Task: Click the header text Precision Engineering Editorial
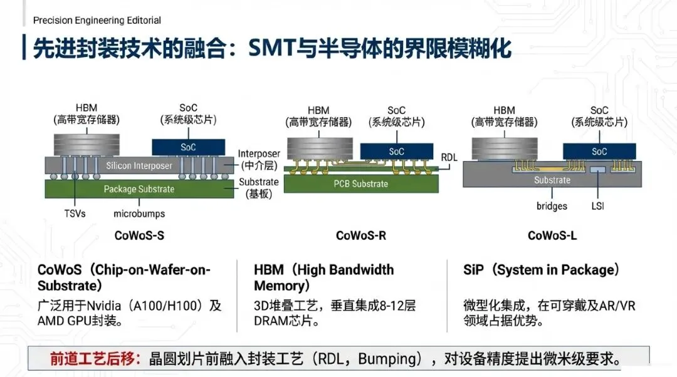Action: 97,20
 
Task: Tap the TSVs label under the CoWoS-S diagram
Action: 75,213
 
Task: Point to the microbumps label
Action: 139,213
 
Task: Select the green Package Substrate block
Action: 139,189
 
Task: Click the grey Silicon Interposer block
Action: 139,165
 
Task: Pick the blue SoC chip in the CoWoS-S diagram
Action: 188,147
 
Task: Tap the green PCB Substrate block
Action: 360,183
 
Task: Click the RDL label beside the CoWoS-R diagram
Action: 449,158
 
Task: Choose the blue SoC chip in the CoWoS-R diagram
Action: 396,152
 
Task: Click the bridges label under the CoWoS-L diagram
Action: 552,205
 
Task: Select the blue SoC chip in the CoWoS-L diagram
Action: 599,151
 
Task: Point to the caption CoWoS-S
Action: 139,235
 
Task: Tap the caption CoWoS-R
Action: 360,235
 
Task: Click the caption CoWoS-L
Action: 552,235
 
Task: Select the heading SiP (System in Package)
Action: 542,270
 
